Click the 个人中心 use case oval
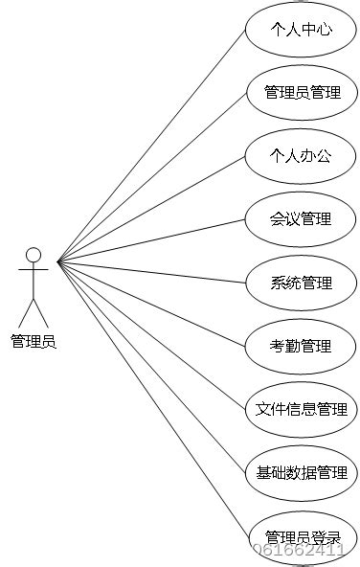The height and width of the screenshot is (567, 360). coord(302,30)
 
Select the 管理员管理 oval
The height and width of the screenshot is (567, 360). coord(302,93)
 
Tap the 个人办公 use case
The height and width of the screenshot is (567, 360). coord(302,156)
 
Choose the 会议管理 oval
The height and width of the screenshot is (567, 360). coord(302,219)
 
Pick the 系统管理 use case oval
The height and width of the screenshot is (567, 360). coord(302,283)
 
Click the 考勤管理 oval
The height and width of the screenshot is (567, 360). coord(302,346)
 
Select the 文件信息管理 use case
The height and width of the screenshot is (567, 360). coord(302,409)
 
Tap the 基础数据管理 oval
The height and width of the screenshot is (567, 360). coord(302,472)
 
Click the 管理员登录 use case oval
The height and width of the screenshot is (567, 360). coord(302,535)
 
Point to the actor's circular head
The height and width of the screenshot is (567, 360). coord(34,255)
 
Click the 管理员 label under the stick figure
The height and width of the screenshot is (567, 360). coord(34,340)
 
